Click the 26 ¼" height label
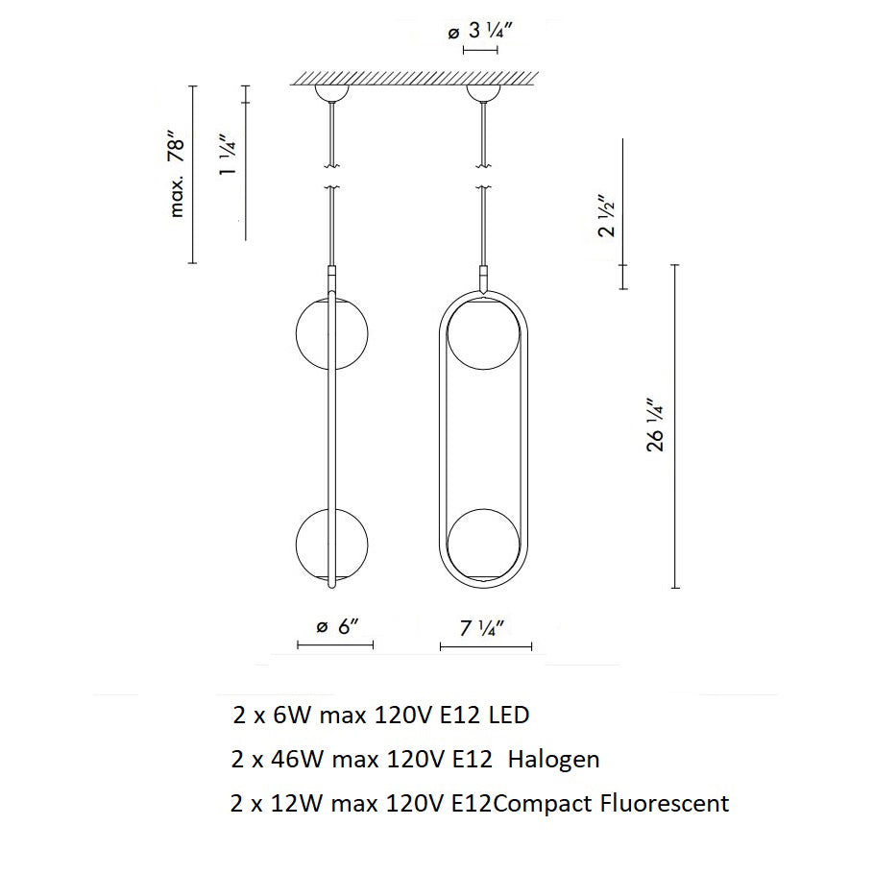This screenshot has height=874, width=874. (655, 425)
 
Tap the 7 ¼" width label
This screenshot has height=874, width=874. (483, 628)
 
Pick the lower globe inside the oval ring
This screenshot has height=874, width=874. (484, 544)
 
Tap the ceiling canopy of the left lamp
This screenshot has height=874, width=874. (332, 93)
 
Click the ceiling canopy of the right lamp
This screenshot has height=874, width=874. (483, 93)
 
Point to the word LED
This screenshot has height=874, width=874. (508, 716)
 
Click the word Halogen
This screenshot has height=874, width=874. (553, 759)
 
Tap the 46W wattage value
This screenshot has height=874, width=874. (293, 759)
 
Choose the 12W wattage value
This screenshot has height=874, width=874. (293, 802)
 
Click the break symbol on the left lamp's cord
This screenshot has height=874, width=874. (332, 176)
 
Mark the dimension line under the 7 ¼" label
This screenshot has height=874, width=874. (485, 646)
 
